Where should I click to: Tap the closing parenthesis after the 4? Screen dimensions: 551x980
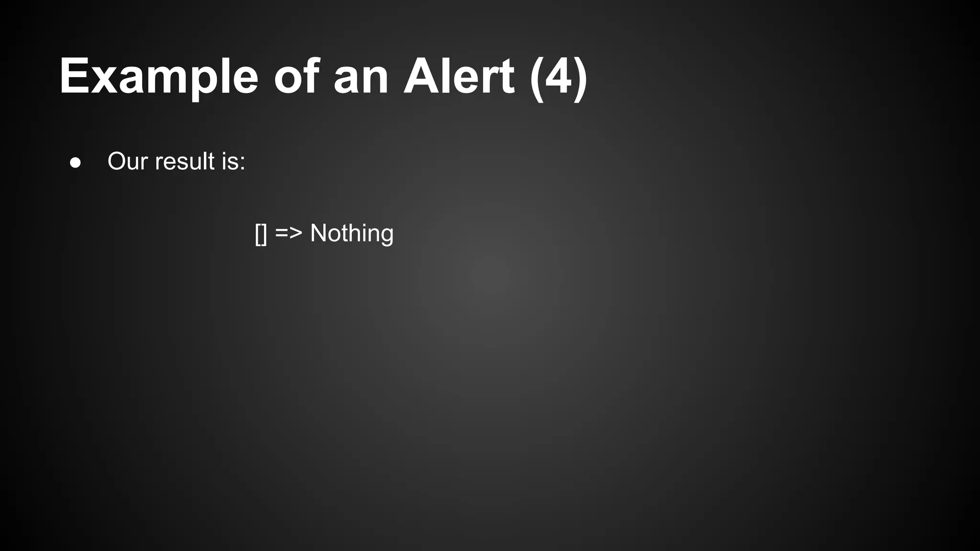tap(580, 77)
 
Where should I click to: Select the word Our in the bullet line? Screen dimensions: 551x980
tap(127, 161)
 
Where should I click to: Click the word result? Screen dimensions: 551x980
tap(185, 161)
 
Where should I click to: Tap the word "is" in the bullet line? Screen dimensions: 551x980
tap(229, 161)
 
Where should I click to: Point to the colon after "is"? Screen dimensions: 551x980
tap(243, 163)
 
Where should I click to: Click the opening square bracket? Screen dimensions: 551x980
tap(257, 234)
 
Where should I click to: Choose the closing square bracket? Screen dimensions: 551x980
tap(264, 234)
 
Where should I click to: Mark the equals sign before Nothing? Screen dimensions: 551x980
tap(281, 233)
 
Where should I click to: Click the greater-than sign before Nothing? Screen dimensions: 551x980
tap(296, 233)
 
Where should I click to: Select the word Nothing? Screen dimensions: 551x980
tap(352, 233)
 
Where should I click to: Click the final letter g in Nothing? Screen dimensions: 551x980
tap(386, 235)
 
